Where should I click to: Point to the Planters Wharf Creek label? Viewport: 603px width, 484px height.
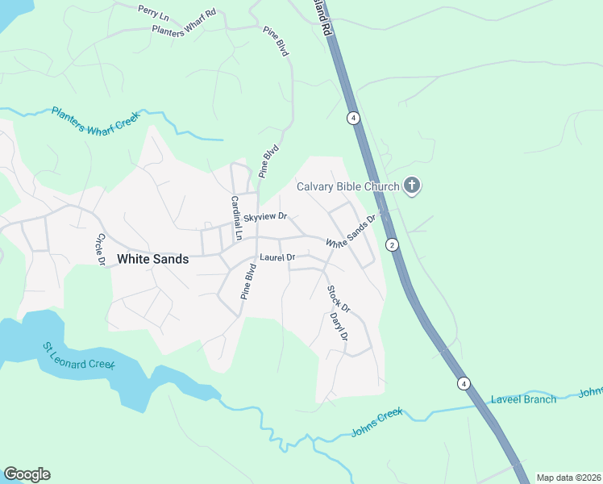[95, 120]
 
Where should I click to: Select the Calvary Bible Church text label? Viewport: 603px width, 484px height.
[348, 187]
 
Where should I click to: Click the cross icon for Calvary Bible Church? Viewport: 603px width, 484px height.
[412, 186]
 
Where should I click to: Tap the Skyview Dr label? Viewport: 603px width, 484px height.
[265, 217]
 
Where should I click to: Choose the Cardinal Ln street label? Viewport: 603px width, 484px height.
[236, 219]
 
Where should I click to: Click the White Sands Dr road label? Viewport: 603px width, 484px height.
[351, 232]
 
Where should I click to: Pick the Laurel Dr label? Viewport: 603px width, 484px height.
[277, 257]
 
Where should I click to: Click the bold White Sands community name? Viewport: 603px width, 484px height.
[153, 259]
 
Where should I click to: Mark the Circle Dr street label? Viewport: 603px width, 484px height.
[102, 249]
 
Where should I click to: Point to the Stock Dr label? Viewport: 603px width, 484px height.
[339, 298]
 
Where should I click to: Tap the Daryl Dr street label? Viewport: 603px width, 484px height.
[339, 327]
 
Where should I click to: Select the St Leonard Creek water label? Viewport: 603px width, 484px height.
[79, 355]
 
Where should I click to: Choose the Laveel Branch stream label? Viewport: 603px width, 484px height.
[523, 399]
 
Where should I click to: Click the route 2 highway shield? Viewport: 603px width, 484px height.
[392, 244]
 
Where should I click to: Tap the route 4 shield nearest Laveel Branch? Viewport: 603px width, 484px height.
[464, 383]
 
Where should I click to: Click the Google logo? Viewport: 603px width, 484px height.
[27, 474]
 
